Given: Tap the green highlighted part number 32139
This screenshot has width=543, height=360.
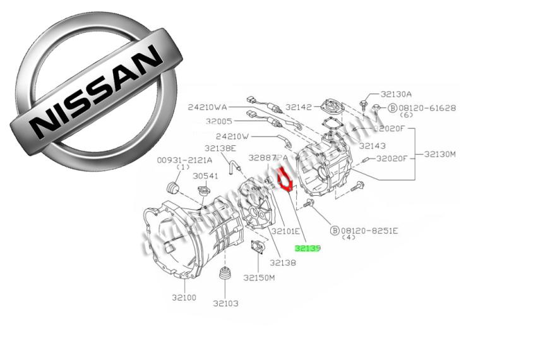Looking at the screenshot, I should pyautogui.click(x=309, y=249).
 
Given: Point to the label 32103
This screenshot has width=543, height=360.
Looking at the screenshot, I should pyautogui.click(x=225, y=303).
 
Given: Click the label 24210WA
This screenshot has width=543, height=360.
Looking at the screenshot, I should pyautogui.click(x=207, y=107).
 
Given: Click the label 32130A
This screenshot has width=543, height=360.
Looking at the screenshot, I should pyautogui.click(x=396, y=94).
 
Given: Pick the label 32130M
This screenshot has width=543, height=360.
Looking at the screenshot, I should pyautogui.click(x=439, y=153).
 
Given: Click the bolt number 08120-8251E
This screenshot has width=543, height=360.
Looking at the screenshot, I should pyautogui.click(x=369, y=231).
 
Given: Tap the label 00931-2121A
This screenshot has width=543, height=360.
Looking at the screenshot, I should pyautogui.click(x=181, y=160).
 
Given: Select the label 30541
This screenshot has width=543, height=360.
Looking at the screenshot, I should pyautogui.click(x=205, y=176).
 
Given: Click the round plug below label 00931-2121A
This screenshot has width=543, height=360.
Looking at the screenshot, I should pyautogui.click(x=172, y=188).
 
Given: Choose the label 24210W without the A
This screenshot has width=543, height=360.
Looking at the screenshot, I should pyautogui.click(x=232, y=136).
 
